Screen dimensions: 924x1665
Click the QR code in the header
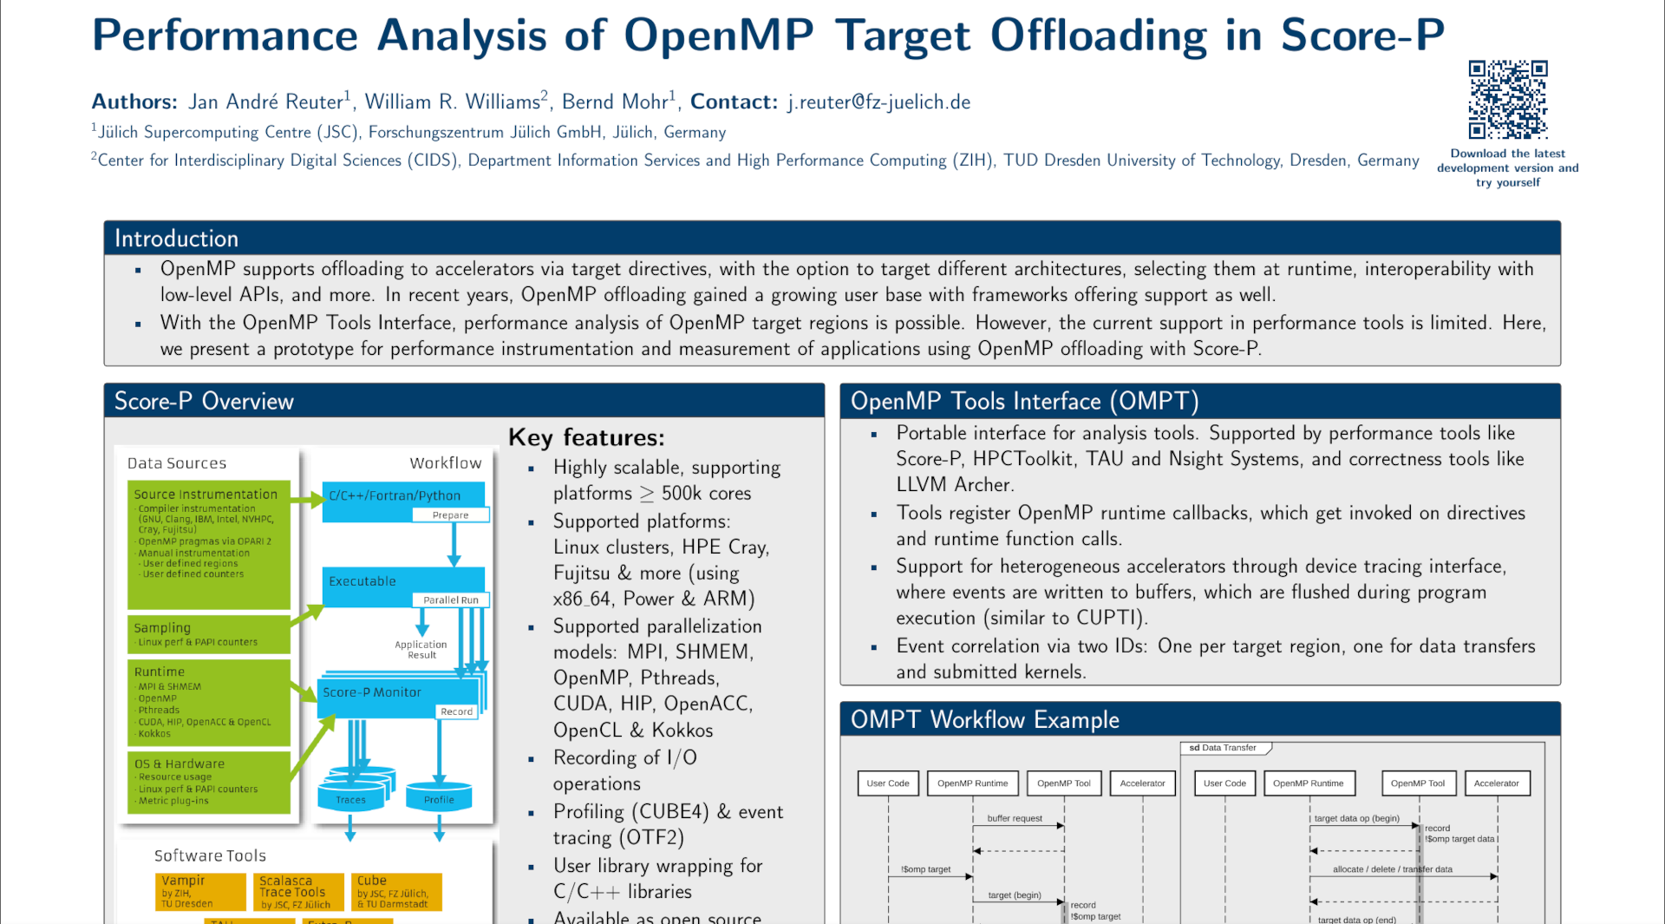[x=1507, y=99]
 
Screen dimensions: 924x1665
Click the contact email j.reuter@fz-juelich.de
[x=878, y=102]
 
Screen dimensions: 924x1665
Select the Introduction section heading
[x=177, y=239]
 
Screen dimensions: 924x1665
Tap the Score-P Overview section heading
[x=205, y=401]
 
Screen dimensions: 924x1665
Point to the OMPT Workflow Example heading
[x=984, y=720]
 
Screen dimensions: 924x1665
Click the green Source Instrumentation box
[x=208, y=544]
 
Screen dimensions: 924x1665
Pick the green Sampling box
[x=208, y=634]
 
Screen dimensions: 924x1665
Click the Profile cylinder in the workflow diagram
[x=439, y=795]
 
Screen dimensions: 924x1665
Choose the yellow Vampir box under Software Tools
[x=200, y=892]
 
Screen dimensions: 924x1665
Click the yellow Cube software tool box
[x=397, y=892]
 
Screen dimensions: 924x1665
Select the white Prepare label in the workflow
[x=450, y=515]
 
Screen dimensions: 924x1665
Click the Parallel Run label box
[x=451, y=600]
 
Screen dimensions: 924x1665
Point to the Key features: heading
[x=586, y=437]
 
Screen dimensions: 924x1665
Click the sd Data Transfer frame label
[x=1223, y=748]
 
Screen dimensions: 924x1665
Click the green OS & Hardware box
[x=208, y=782]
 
